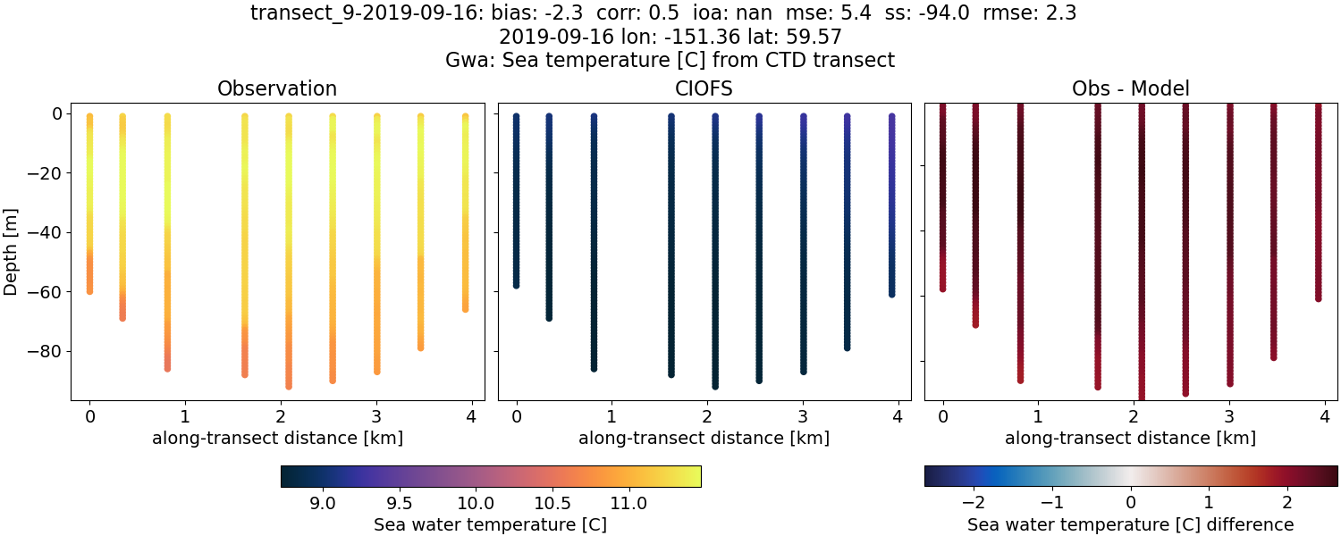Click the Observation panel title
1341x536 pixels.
(277, 89)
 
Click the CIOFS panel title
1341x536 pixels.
(704, 89)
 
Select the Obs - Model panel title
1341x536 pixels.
(1130, 89)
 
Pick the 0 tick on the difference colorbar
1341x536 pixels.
(1130, 503)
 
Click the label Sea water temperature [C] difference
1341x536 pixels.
(1130, 524)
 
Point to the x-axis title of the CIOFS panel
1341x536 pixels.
(704, 439)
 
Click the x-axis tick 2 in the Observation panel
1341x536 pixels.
(281, 416)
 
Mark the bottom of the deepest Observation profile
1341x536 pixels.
(289, 386)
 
